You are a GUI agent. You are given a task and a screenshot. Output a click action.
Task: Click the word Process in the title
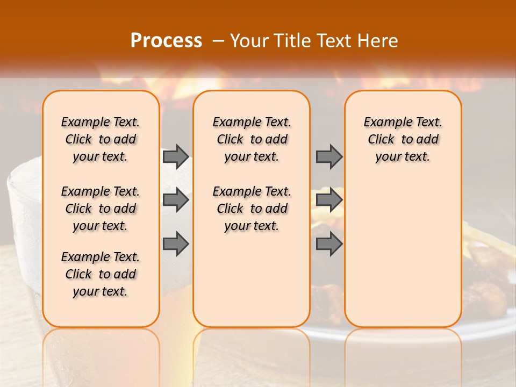click(166, 41)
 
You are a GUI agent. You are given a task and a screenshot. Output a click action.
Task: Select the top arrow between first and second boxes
click(175, 156)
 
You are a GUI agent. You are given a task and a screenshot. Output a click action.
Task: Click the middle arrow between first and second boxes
click(175, 200)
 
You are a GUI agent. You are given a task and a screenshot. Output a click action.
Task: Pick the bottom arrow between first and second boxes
click(175, 245)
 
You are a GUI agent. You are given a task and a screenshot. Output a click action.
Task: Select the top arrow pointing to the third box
click(329, 156)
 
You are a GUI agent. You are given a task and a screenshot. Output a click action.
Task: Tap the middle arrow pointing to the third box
click(329, 200)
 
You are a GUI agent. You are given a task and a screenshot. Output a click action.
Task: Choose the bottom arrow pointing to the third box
click(329, 245)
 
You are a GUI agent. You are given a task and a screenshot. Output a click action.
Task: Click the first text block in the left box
click(101, 139)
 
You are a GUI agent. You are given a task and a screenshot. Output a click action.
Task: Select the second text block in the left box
click(101, 209)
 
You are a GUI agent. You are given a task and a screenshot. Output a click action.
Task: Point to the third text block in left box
click(101, 274)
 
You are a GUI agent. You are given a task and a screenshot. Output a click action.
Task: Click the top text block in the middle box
click(252, 139)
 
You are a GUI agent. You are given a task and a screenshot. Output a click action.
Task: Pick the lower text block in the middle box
click(252, 209)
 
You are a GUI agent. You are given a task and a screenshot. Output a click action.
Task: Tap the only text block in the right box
click(403, 139)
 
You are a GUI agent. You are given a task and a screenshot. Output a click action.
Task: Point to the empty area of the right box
click(403, 247)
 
